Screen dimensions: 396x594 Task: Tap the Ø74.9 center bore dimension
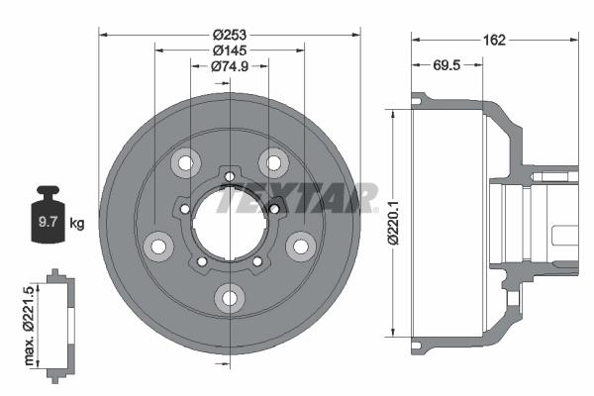[230, 66]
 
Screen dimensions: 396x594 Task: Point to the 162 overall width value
[495, 40]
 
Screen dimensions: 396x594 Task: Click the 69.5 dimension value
[447, 66]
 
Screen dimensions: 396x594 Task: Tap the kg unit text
[77, 224]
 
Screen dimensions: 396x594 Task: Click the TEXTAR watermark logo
[297, 198]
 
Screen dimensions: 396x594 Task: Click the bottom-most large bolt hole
[230, 296]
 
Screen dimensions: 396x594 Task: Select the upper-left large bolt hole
[184, 161]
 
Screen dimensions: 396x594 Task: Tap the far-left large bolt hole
[156, 244]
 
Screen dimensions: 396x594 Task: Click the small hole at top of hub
[230, 178]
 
